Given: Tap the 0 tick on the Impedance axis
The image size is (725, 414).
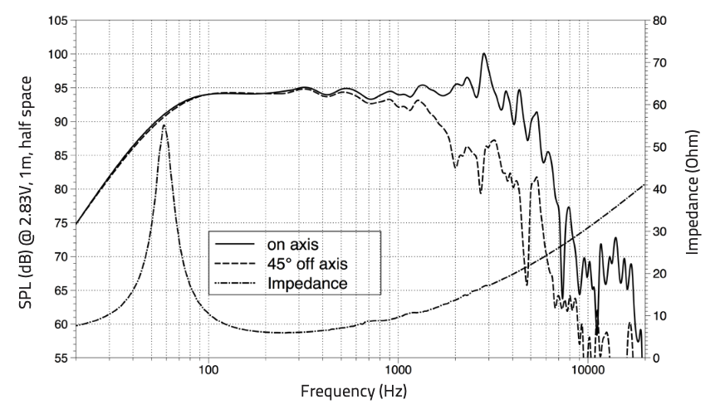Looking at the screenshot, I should coord(657,358).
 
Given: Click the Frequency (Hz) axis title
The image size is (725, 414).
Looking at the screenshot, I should coord(354,391).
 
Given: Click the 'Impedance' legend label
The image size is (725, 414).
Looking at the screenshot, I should coord(306,284).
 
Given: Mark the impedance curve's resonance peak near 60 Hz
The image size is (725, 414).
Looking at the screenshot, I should coord(164,125).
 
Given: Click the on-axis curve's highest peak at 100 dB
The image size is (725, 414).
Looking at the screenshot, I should coord(483,54).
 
